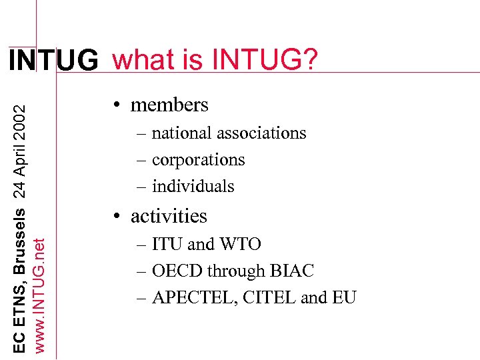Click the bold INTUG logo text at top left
[53, 61]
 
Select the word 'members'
[169, 105]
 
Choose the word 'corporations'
[199, 159]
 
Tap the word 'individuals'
[193, 186]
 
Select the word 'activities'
[169, 216]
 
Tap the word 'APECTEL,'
[191, 297]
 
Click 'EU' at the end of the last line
[345, 297]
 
